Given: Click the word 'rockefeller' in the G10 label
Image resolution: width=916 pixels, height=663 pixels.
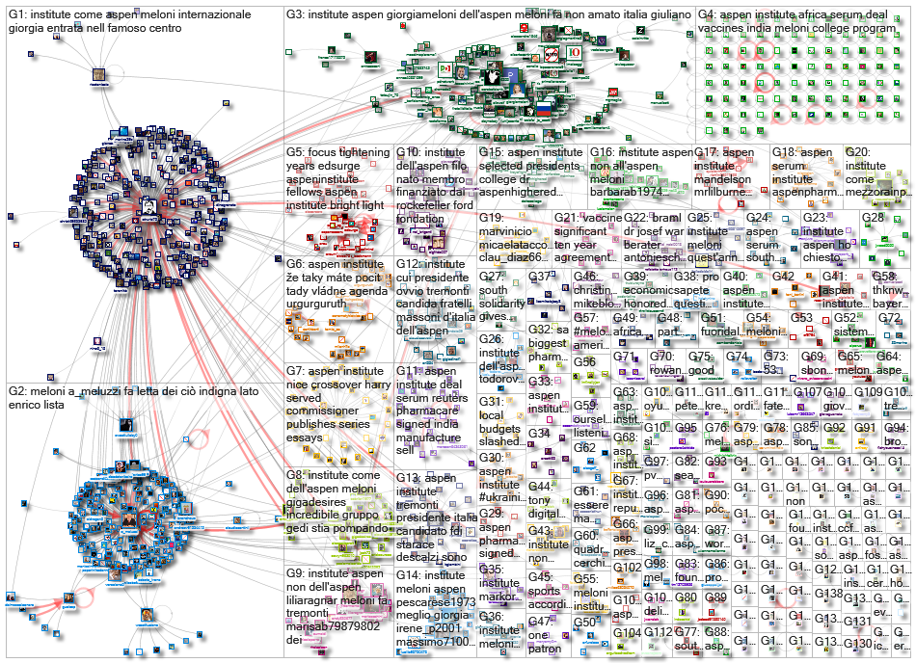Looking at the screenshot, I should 423,205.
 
